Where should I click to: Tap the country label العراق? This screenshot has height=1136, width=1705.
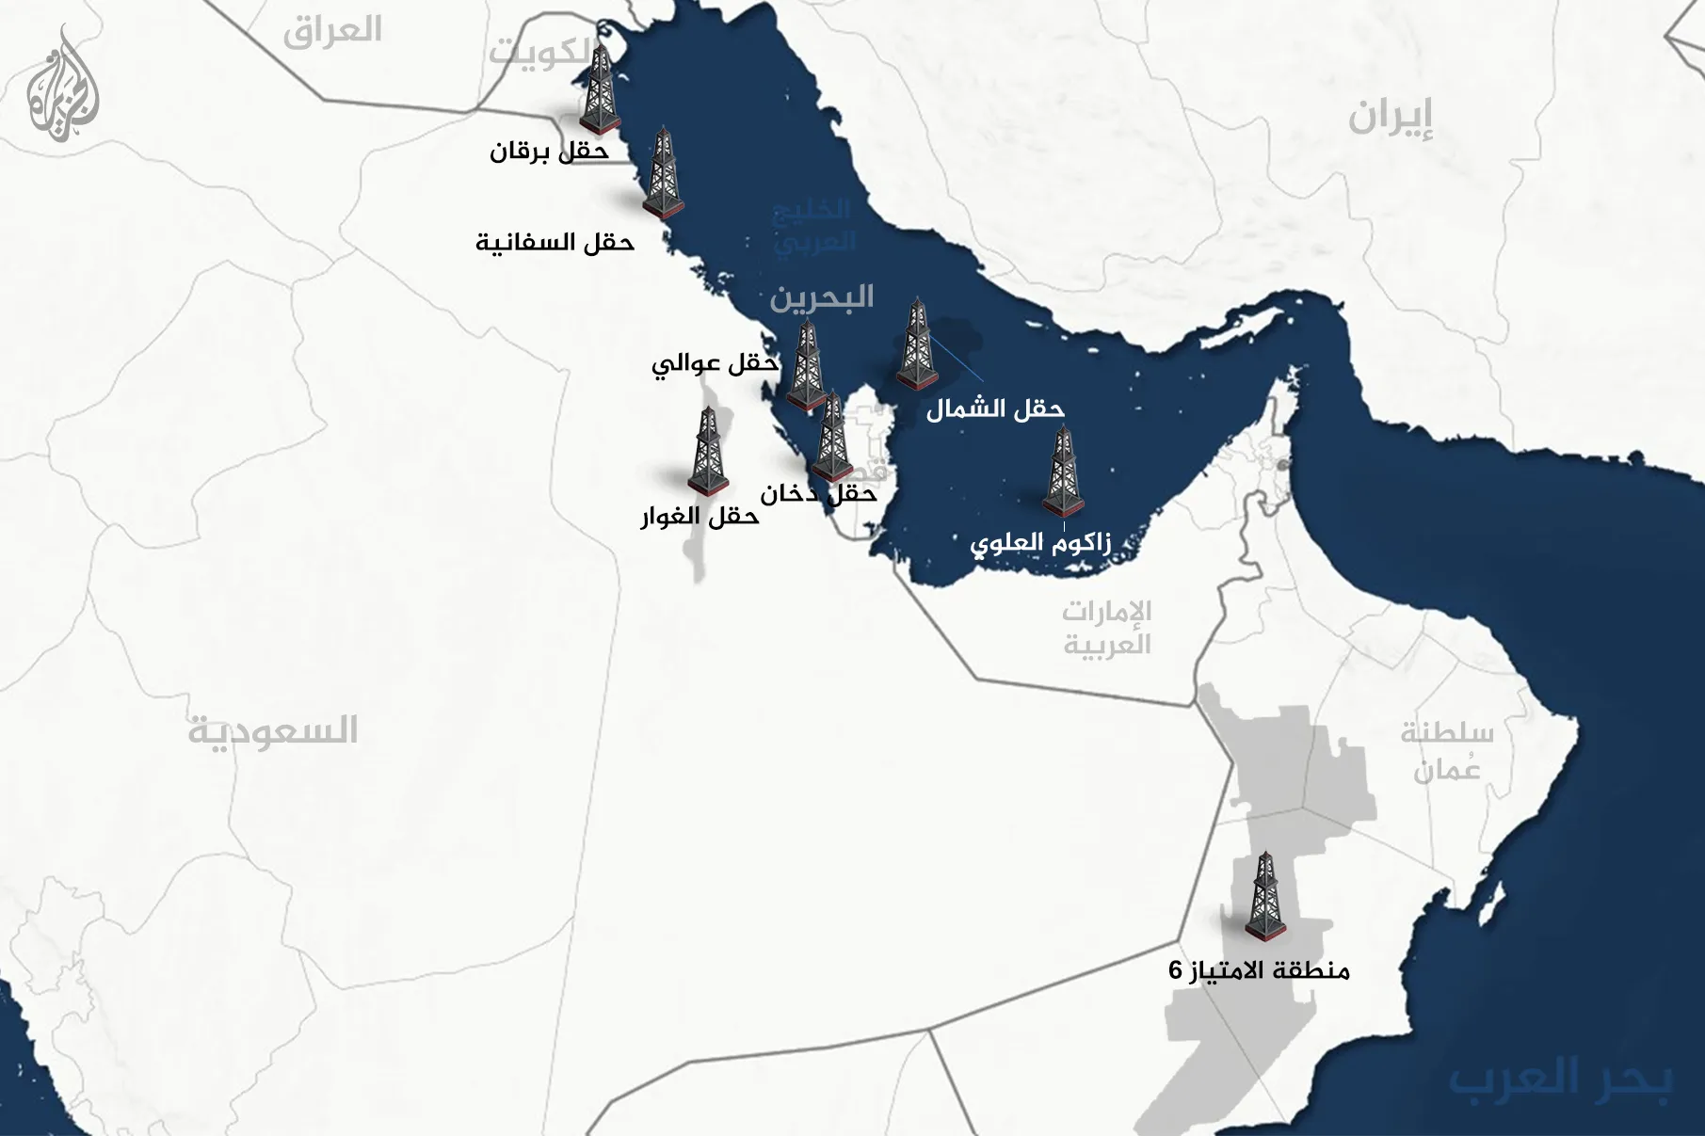332,31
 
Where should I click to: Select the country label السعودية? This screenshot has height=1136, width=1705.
273,730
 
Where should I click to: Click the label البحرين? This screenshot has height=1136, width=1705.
822,298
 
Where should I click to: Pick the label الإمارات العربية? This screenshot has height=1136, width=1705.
1107,628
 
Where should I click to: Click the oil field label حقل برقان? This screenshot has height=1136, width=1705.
550,151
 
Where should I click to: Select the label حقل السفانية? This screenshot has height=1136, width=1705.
555,243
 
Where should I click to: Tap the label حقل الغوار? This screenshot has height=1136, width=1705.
700,517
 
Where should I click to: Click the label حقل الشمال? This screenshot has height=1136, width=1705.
995,409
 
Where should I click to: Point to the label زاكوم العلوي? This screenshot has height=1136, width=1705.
1040,544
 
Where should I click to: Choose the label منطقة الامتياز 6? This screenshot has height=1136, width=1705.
1259,970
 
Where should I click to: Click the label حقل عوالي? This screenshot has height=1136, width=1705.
716,363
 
